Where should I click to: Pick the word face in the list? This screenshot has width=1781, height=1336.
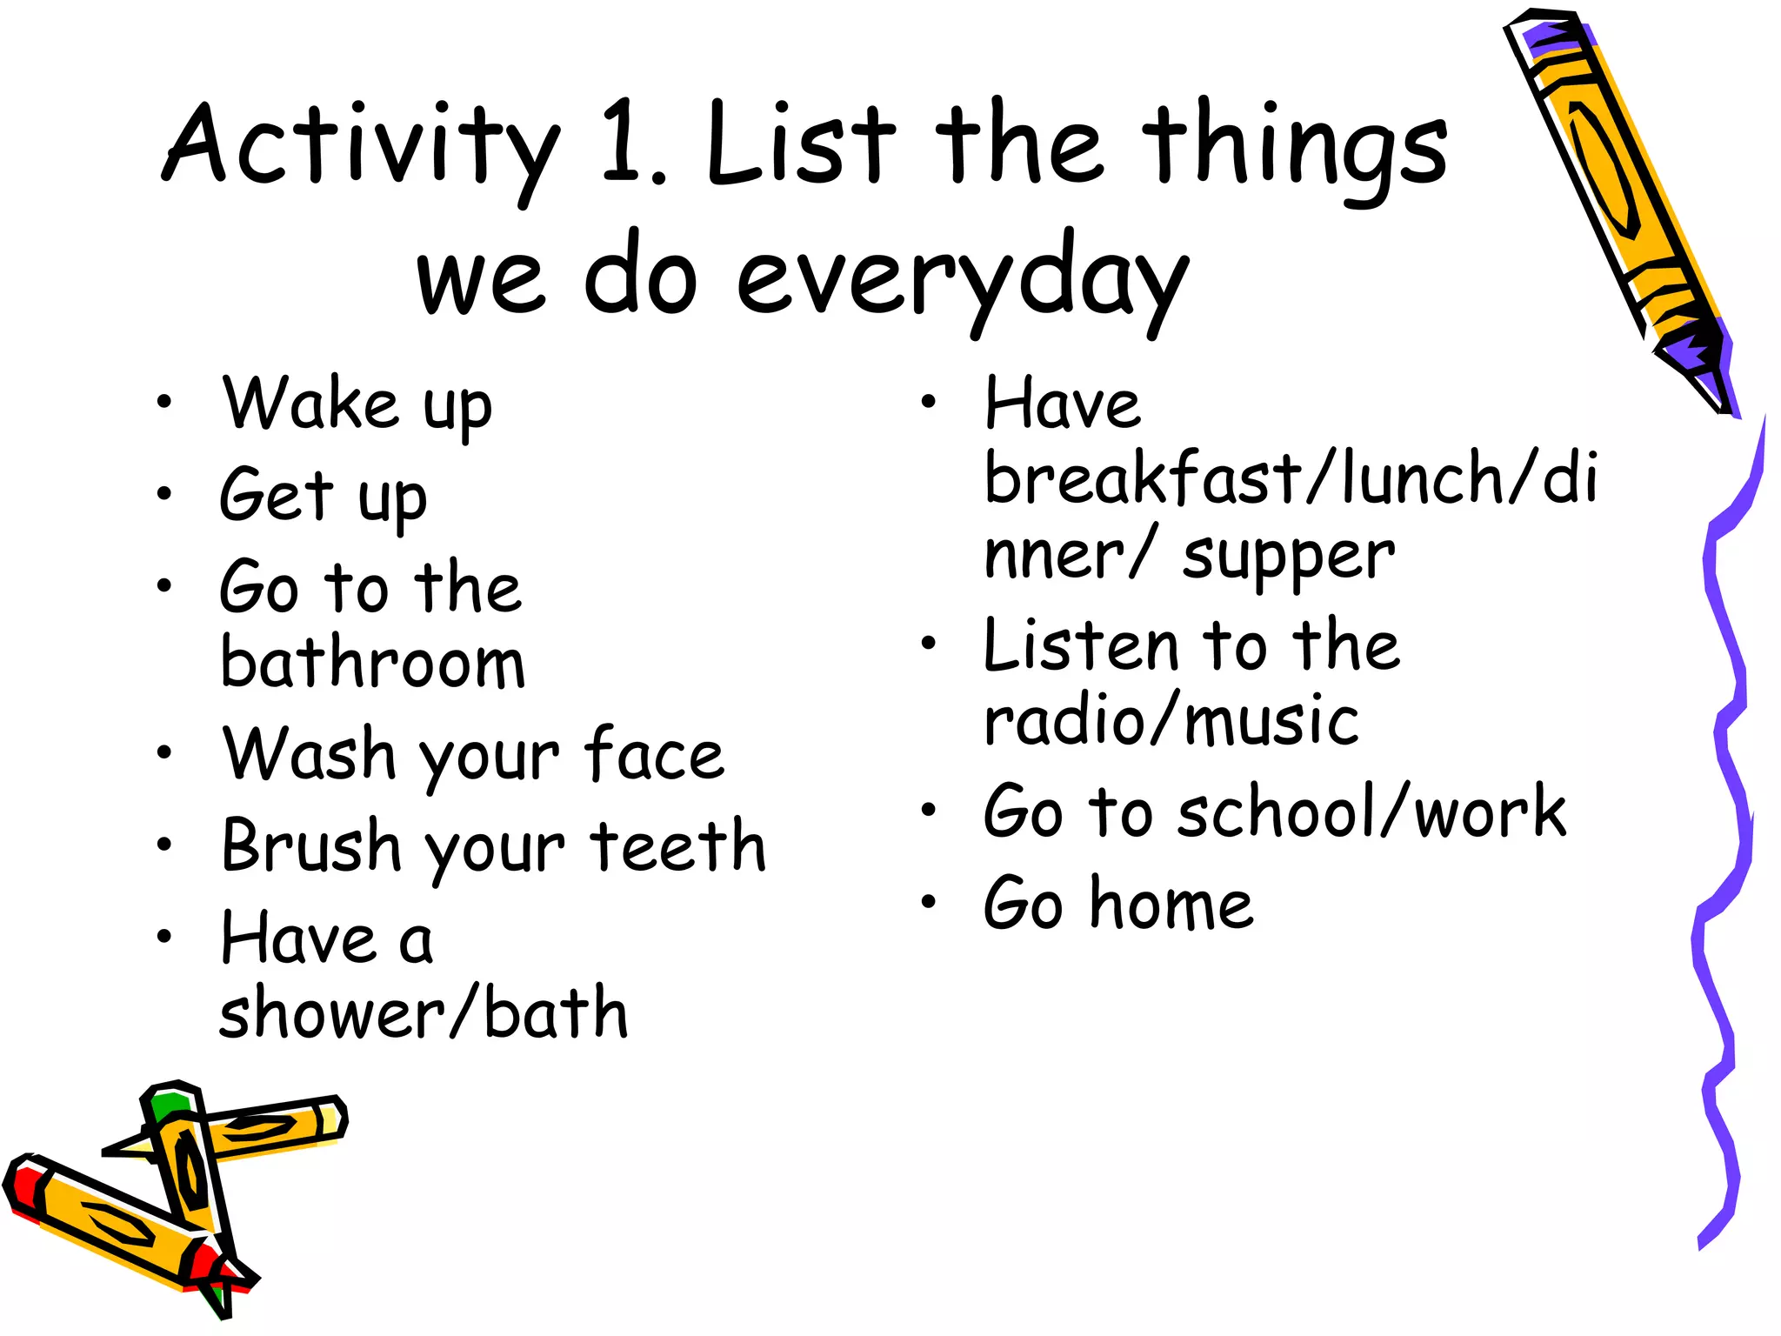tap(653, 754)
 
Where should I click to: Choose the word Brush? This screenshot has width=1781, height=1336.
tap(310, 845)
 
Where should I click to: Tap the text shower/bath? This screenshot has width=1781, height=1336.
tap(423, 1013)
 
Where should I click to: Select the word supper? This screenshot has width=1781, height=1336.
tap(1288, 557)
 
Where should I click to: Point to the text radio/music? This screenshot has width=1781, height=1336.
tap(1171, 721)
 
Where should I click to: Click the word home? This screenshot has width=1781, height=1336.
tap(1171, 904)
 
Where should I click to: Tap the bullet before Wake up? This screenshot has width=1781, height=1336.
tap(164, 402)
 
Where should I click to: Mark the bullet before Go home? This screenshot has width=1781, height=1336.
tap(929, 902)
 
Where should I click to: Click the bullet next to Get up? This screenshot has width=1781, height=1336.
tap(164, 494)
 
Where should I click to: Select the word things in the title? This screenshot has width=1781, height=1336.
tap(1295, 148)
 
